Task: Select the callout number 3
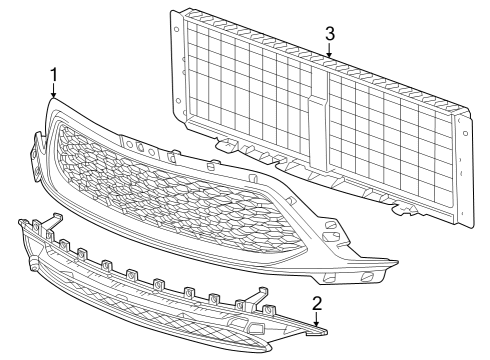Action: [x=329, y=33]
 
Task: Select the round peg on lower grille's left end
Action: [x=34, y=263]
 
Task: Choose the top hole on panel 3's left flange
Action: [x=177, y=28]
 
